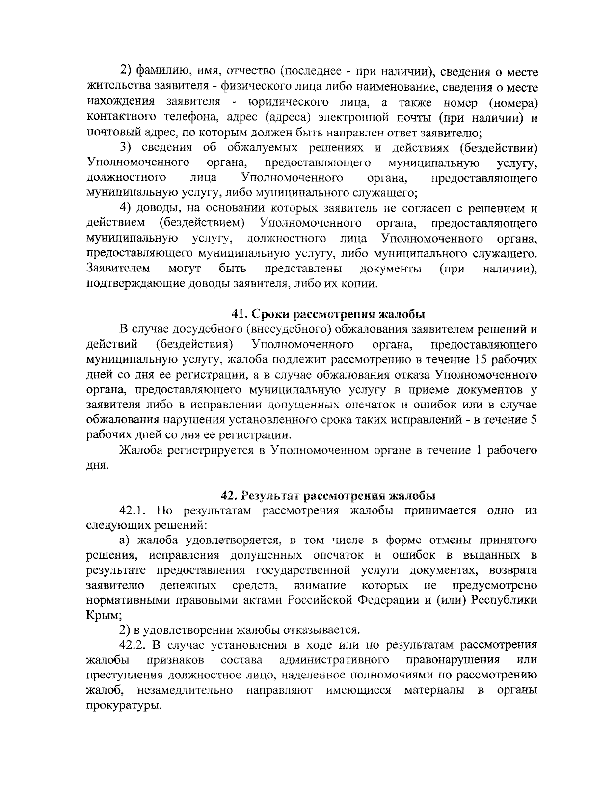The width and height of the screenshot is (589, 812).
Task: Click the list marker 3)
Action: pos(128,148)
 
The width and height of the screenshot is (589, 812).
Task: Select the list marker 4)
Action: pos(128,208)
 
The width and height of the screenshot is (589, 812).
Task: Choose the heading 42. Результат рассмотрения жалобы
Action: pos(328,495)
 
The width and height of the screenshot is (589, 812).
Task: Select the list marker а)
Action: pos(126,541)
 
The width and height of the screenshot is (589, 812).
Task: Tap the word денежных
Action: pos(188,586)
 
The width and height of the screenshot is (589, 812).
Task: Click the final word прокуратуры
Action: pos(124,706)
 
